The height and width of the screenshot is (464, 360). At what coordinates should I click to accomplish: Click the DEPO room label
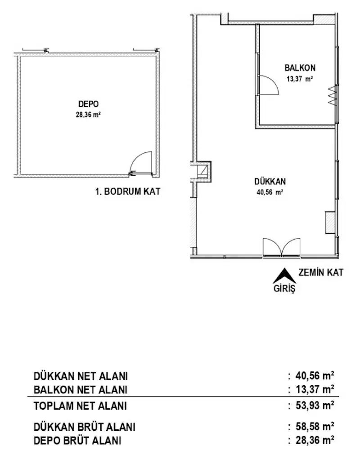click(88, 104)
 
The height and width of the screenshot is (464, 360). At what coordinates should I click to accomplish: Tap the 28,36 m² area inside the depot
click(88, 115)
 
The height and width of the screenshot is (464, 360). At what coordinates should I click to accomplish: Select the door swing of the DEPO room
click(141, 163)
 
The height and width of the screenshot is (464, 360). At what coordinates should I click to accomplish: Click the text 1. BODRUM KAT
click(128, 192)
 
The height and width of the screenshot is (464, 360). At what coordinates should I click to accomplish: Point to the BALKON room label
click(300, 68)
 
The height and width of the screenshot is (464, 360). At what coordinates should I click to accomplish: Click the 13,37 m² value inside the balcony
click(300, 79)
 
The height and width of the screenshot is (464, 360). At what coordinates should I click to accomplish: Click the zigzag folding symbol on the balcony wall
click(333, 96)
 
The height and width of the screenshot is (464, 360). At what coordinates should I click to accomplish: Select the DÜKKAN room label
click(270, 181)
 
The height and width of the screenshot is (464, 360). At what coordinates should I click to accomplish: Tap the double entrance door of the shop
click(281, 247)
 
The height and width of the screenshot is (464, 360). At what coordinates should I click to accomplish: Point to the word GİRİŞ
click(284, 289)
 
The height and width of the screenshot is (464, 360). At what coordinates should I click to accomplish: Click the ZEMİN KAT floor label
click(320, 272)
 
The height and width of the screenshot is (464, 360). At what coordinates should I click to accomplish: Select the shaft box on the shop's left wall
click(203, 171)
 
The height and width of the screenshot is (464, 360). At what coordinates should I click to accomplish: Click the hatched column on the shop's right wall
click(329, 223)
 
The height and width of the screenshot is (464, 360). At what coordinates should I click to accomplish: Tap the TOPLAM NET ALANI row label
click(80, 406)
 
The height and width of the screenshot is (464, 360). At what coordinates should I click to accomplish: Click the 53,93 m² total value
click(315, 405)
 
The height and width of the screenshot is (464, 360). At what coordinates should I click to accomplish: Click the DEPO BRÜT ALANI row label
click(77, 441)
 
